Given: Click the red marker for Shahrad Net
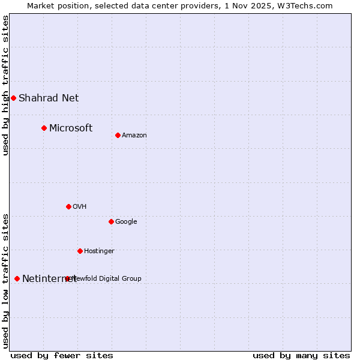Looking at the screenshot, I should click(13, 98).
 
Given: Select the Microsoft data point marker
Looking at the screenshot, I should click(44, 128).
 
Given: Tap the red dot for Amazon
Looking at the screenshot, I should click(118, 135).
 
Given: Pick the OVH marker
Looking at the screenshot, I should click(68, 206).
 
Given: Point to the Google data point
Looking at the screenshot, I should click(111, 221).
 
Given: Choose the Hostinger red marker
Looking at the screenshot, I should click(80, 251).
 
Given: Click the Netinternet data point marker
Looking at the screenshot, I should click(17, 278).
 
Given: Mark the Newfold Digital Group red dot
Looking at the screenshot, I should click(67, 278).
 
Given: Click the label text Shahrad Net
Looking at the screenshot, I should click(49, 98).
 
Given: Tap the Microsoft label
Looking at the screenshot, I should click(71, 128).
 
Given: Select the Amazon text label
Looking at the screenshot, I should click(134, 135).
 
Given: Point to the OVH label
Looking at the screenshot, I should click(80, 206).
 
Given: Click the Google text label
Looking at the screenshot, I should click(126, 221).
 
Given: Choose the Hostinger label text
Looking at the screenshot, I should click(99, 251).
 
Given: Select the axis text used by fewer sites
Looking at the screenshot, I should click(62, 355).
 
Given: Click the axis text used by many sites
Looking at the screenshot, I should click(301, 355).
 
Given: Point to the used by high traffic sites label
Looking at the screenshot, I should click(5, 85).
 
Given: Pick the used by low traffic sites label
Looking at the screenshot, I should click(5, 281).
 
